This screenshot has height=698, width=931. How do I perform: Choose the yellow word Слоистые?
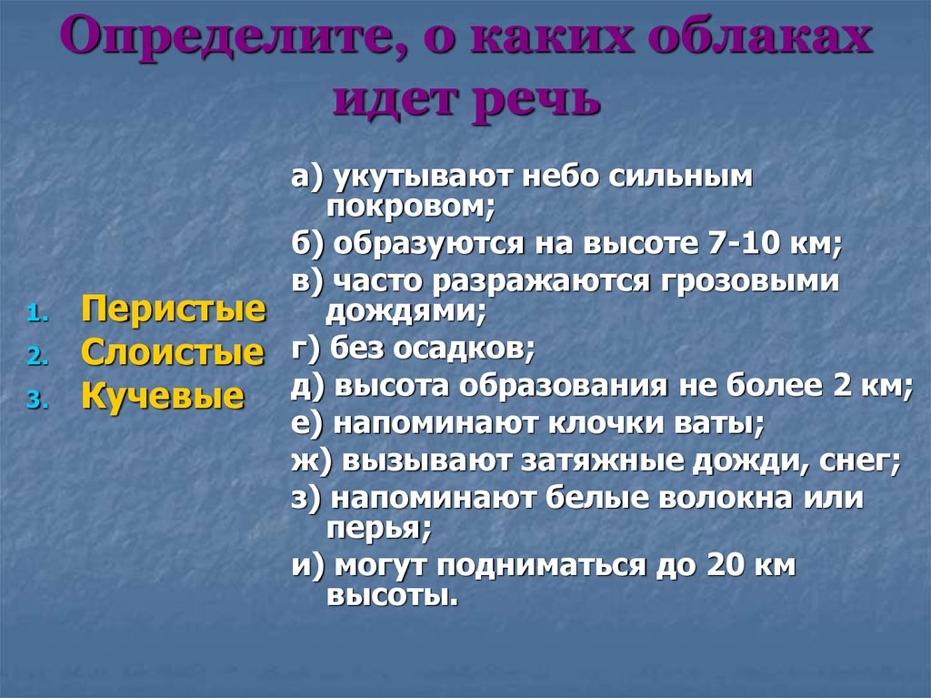(173, 351)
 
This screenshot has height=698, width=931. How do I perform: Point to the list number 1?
(34, 315)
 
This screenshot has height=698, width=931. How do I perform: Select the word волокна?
(719, 498)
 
